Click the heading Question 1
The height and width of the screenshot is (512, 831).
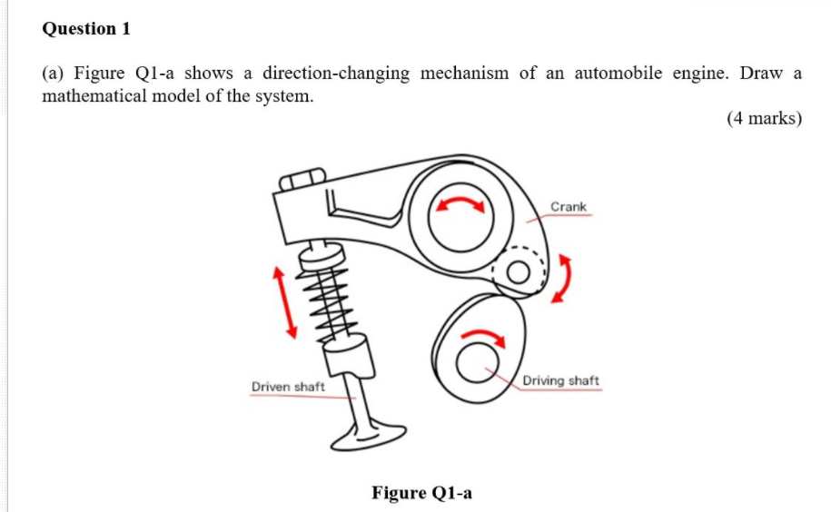[86, 28]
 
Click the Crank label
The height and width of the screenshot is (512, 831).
[569, 207]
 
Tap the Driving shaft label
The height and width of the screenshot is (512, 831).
[560, 380]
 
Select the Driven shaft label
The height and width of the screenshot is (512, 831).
[288, 387]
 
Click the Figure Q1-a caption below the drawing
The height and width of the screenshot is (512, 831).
[421, 493]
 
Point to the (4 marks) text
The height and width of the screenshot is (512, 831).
[764, 118]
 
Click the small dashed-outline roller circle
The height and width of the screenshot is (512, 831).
[519, 271]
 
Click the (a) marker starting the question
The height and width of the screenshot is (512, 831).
[54, 74]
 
